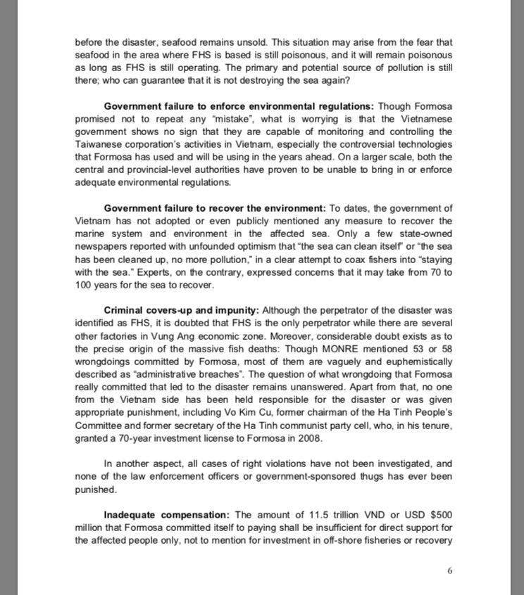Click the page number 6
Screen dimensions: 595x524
tap(450, 570)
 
